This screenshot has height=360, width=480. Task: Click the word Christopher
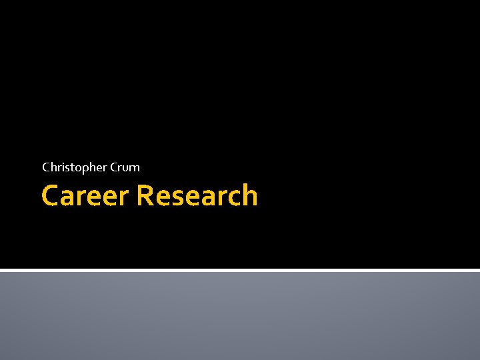coord(71,167)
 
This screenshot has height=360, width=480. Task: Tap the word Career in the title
coord(85,196)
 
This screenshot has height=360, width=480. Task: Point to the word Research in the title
coord(197,196)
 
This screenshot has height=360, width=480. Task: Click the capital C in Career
coord(49,197)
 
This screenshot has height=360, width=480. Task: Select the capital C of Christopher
coord(45,167)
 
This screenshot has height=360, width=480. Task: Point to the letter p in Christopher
coord(81,169)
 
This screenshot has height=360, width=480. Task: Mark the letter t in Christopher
coord(69,167)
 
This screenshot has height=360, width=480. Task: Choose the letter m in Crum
coord(134,168)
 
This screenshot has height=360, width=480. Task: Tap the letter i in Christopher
coord(61,167)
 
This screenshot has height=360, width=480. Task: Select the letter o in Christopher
coord(74,168)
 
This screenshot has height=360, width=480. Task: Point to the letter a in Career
coord(68,197)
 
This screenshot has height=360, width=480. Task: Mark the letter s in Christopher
coord(65,168)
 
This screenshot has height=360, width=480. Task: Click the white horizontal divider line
coord(240,270)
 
